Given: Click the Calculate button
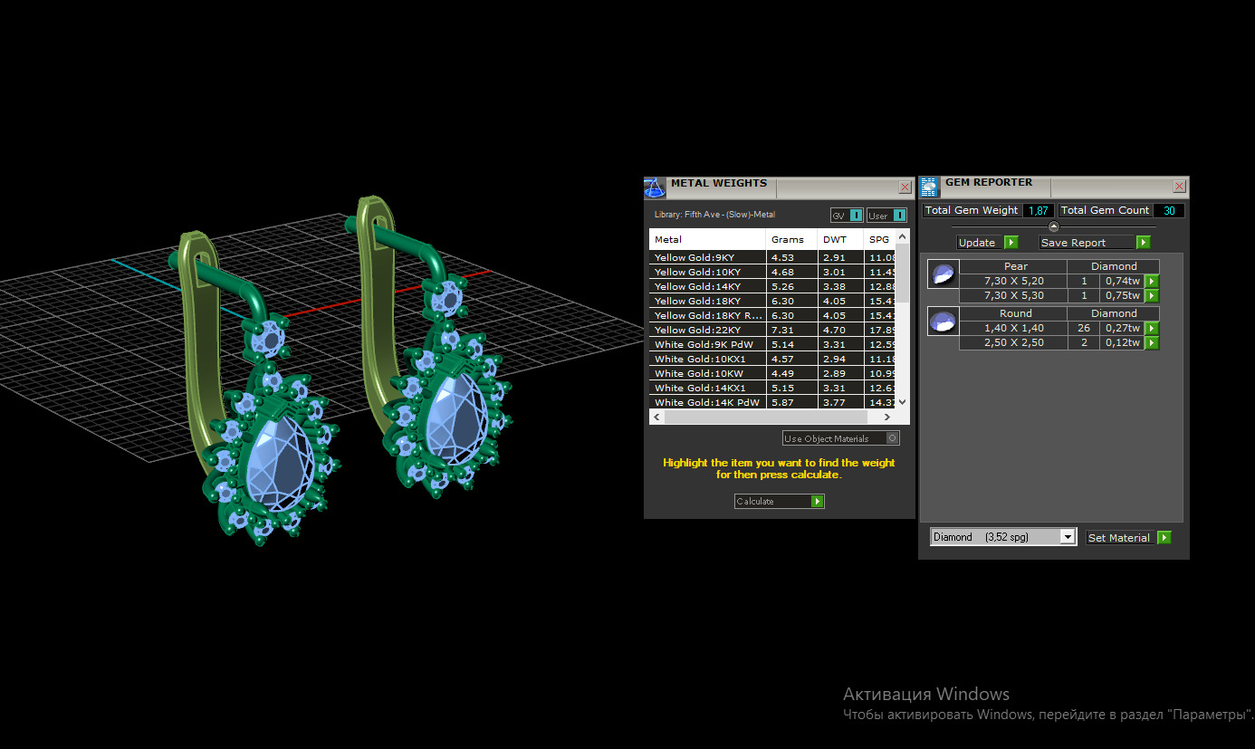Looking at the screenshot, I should pos(779,501).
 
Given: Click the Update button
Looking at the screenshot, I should pos(987,243).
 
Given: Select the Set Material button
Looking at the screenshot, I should pos(1128,537).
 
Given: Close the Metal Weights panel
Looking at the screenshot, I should pos(905,187).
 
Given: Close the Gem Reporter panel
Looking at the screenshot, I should pos(1179,186).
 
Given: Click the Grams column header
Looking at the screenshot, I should pos(787,240).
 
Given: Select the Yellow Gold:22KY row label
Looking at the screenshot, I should pos(697,330).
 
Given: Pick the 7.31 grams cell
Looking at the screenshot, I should pos(782,330).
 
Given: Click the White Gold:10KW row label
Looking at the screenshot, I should pos(697,373).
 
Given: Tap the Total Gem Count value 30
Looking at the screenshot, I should pos(1168,210).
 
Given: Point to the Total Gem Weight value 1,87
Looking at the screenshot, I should pos(1038,210).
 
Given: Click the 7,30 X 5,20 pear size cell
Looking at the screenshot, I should pos(1013,281).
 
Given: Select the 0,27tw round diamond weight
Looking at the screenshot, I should pos(1122,328).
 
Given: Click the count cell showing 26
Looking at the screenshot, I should pos(1083,328).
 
